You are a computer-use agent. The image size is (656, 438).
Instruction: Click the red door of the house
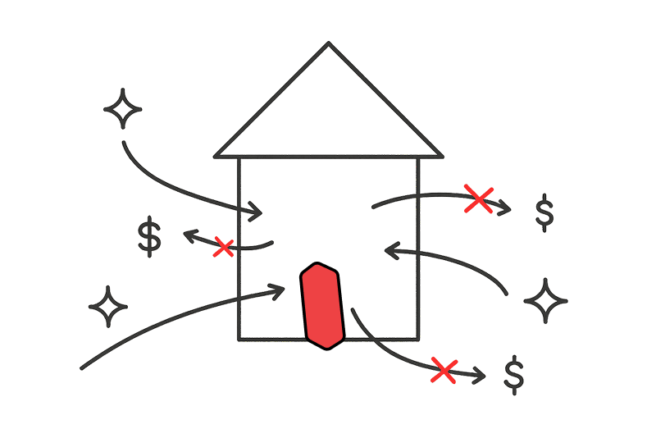321,305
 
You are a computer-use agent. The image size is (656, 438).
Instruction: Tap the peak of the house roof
329,43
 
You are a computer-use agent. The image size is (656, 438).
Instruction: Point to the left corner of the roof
216,155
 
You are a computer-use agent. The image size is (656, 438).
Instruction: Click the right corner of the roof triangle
441,155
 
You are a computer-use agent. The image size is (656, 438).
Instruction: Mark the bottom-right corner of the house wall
418,338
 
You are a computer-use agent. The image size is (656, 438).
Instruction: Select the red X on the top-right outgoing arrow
478,198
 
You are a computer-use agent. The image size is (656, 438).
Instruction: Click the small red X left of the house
222,246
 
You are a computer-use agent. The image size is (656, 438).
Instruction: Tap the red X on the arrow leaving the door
444,370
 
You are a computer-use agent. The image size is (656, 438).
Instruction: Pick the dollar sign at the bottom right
514,375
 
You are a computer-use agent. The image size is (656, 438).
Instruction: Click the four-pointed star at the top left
122,110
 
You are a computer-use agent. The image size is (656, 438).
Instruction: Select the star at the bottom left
108,307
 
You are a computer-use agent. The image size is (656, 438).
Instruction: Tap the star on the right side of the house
545,299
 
